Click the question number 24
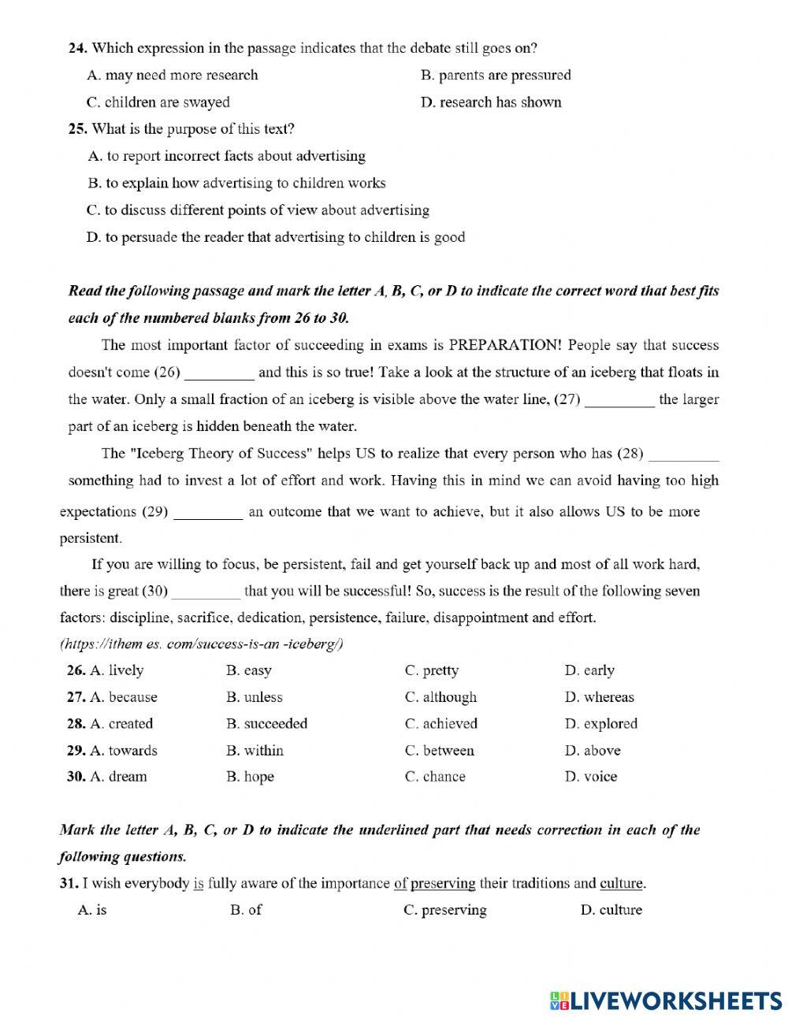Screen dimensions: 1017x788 pyautogui.click(x=77, y=48)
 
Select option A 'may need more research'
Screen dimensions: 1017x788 pyautogui.click(x=172, y=76)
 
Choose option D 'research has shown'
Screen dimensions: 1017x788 pyautogui.click(x=491, y=102)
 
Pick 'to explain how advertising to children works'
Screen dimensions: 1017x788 pyautogui.click(x=236, y=184)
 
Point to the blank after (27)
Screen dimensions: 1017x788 pyautogui.click(x=619, y=399)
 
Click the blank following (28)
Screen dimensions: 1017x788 pyautogui.click(x=682, y=454)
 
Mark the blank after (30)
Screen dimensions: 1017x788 pyautogui.click(x=206, y=592)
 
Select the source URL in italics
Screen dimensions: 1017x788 pyautogui.click(x=202, y=644)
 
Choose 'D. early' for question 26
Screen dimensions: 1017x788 pyautogui.click(x=589, y=671)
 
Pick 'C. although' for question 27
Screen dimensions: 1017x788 pyautogui.click(x=440, y=698)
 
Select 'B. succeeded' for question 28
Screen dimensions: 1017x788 pyautogui.click(x=266, y=724)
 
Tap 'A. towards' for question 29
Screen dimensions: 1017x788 pyautogui.click(x=123, y=751)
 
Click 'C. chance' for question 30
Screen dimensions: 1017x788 pyautogui.click(x=435, y=777)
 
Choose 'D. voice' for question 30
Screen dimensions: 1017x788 pyautogui.click(x=590, y=777)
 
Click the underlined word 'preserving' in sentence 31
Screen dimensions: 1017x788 pyautogui.click(x=443, y=884)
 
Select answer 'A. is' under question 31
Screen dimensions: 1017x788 pyautogui.click(x=92, y=911)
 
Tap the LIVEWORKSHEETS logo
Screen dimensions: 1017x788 pyautogui.click(x=665, y=1000)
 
